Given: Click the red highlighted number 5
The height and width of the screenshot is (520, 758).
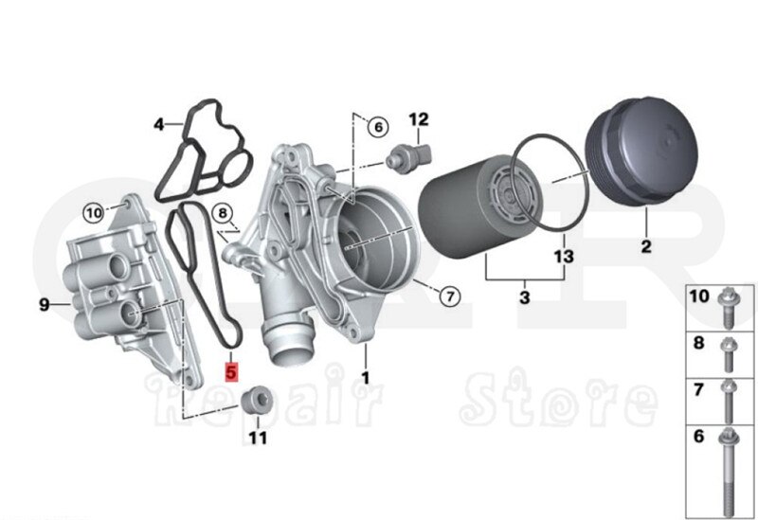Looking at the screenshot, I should click(x=228, y=370).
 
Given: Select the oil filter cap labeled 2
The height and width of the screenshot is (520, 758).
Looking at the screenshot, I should click(x=643, y=168).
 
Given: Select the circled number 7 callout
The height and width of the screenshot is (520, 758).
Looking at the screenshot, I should click(x=450, y=296).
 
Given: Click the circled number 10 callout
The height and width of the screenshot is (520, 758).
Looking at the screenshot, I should click(x=93, y=213).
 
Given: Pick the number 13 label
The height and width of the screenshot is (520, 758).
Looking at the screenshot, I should click(x=565, y=257).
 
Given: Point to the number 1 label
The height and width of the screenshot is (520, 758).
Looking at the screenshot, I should click(x=365, y=377).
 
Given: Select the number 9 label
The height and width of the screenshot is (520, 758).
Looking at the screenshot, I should click(x=44, y=304).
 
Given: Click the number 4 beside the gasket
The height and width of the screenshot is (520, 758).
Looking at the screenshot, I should click(x=159, y=124).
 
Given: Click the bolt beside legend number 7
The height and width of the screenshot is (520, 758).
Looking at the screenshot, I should click(x=728, y=399).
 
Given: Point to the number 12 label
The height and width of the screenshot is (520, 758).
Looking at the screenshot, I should click(x=418, y=119).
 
